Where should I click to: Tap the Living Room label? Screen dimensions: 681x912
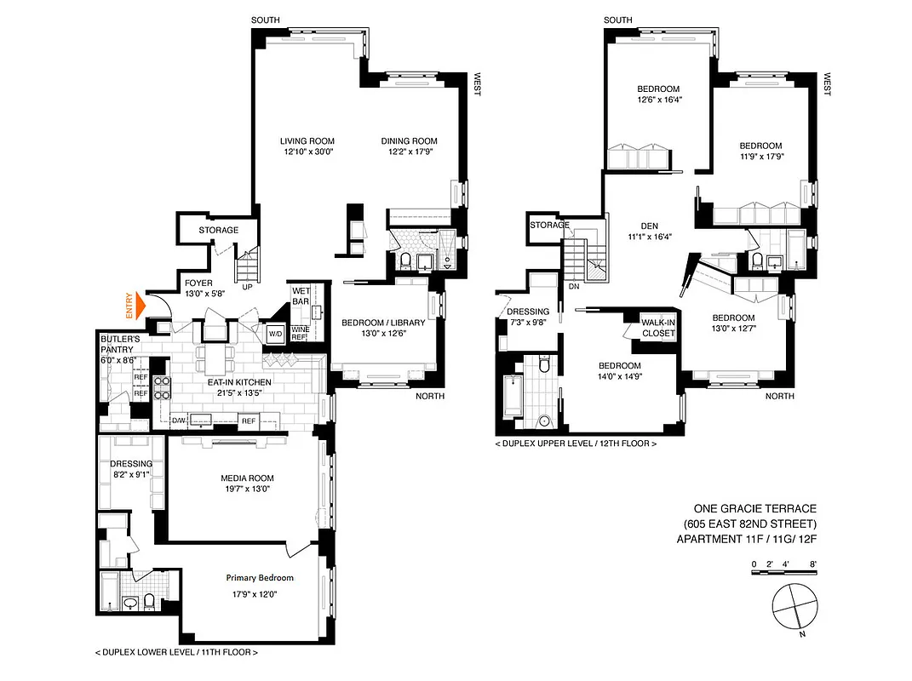coord(307,141)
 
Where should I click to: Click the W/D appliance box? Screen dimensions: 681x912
coord(276,332)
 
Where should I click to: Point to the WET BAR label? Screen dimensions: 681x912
coord(301,295)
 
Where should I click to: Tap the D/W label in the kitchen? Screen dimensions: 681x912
coord(179,421)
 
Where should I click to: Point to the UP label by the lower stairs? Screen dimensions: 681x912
coord(248,288)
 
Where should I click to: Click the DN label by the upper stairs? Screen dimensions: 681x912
coord(573,287)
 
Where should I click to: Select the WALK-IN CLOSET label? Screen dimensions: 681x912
coord(658,328)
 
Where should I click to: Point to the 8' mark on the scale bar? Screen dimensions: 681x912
coord(813,564)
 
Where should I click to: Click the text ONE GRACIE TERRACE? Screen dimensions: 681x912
coord(746,508)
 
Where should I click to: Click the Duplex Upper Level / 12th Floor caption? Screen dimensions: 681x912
coord(576,444)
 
